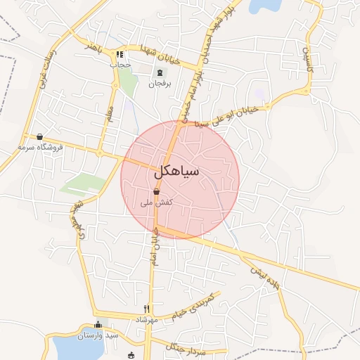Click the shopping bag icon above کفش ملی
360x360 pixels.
pos(156,192)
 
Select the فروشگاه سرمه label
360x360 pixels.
pos(41,147)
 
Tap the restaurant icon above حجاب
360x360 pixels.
pos(120,53)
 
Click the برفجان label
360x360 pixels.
pos(159,82)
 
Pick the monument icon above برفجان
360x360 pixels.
pos(160,72)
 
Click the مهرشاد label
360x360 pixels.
pos(147,319)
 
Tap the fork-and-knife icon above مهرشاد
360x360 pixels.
pos(147,309)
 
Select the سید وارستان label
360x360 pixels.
pos(98,335)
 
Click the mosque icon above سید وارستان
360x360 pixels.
pos(98,325)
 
